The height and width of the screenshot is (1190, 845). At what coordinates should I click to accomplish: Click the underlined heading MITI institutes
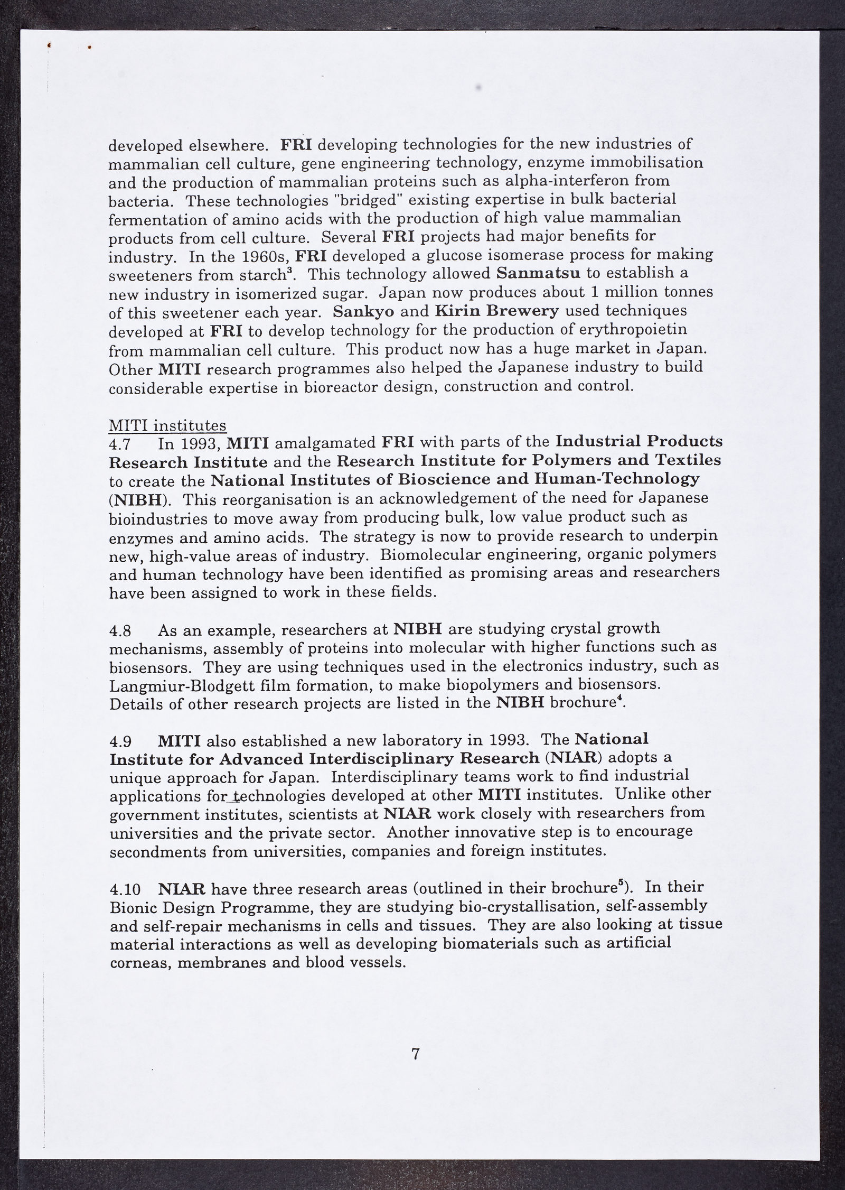click(x=167, y=425)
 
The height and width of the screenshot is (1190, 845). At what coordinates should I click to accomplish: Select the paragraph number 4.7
click(x=119, y=444)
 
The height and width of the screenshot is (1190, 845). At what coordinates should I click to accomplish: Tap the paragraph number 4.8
click(x=120, y=631)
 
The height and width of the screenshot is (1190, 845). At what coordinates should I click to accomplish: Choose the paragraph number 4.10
click(x=125, y=889)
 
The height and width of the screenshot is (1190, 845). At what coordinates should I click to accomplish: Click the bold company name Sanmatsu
click(x=539, y=273)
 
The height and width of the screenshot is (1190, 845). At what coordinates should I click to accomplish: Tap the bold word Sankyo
click(x=363, y=311)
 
